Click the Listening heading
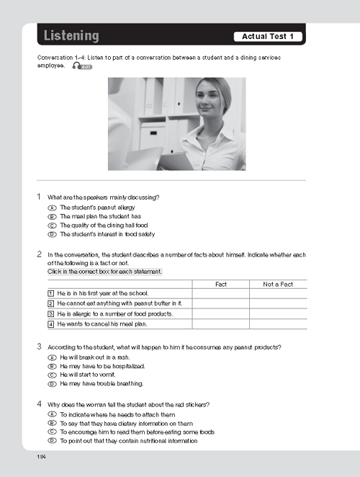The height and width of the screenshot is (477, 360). pyautogui.click(x=71, y=35)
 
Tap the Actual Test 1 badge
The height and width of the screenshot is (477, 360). pyautogui.click(x=268, y=37)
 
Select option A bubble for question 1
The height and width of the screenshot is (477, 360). pyautogui.click(x=52, y=208)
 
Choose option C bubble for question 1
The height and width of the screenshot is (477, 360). pyautogui.click(x=52, y=226)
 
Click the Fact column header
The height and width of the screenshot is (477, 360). pyautogui.click(x=221, y=284)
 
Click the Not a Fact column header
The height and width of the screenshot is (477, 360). pyautogui.click(x=278, y=284)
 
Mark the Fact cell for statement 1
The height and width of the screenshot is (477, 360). pyautogui.click(x=221, y=293)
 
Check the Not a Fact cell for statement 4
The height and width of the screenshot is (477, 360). pyautogui.click(x=278, y=324)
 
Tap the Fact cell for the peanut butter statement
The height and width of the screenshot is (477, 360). pyautogui.click(x=221, y=303)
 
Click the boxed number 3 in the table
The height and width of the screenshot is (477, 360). pyautogui.click(x=51, y=314)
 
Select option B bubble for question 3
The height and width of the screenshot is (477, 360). pyautogui.click(x=52, y=366)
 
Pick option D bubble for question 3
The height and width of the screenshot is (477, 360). pyautogui.click(x=52, y=384)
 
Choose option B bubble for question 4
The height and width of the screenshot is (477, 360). pyautogui.click(x=52, y=423)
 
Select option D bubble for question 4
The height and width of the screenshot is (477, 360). pyautogui.click(x=52, y=441)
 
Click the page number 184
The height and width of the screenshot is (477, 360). pyautogui.click(x=41, y=457)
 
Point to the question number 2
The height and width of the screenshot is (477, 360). pyautogui.click(x=39, y=254)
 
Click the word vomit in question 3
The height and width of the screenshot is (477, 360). pyautogui.click(x=109, y=375)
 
